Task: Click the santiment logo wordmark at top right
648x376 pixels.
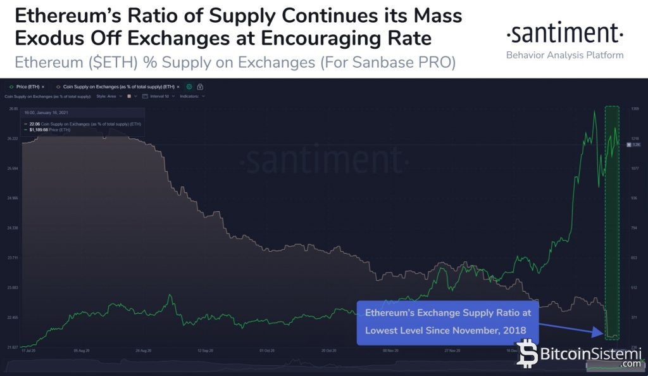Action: pos(565,32)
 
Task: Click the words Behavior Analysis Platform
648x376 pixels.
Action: pos(565,55)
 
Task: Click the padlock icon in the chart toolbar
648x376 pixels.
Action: pos(200,86)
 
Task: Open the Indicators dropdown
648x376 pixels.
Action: pos(192,96)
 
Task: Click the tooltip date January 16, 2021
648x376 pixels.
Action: pos(48,115)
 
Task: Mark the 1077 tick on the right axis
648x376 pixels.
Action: pos(635,168)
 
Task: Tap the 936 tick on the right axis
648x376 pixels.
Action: pos(634,198)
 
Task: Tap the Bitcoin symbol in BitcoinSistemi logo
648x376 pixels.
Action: pos(526,354)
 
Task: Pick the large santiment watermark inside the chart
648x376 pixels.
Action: pos(325,160)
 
